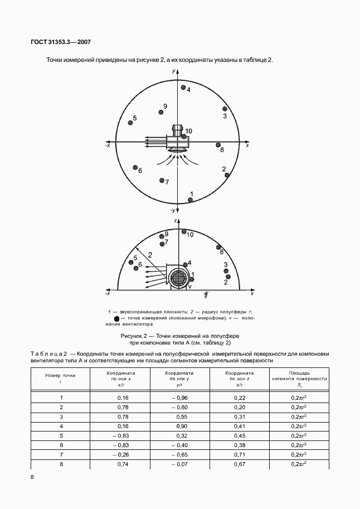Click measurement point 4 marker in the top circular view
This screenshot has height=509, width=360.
coord(183,88)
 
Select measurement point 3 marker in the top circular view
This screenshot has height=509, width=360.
coord(225,109)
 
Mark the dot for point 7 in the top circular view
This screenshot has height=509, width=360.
coord(161,181)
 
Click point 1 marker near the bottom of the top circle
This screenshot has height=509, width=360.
coord(191,200)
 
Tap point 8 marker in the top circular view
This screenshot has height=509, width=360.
coord(218,145)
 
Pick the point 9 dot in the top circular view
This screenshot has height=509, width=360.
coord(161,112)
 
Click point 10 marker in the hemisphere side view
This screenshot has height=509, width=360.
coord(183,231)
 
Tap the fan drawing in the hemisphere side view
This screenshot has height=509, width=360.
coord(179,277)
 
